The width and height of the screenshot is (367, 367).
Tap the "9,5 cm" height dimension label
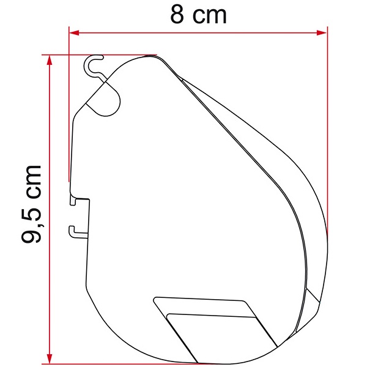click(x=32, y=204)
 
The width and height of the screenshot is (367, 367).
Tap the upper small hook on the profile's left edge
click(x=75, y=200)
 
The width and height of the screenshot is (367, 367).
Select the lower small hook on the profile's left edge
click(x=75, y=231)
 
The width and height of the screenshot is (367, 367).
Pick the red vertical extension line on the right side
click(x=327, y=122)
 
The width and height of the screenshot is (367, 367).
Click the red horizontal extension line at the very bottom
click(x=122, y=362)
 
